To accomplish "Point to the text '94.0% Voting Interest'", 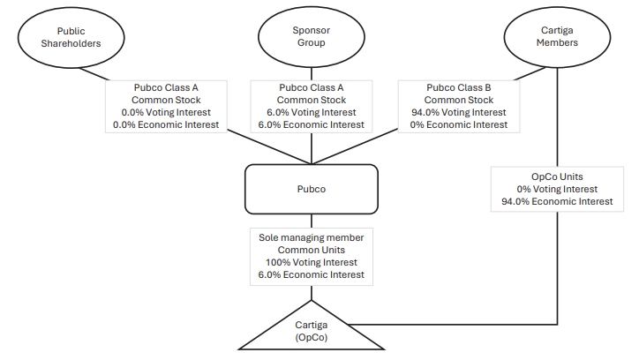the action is (x=459, y=112).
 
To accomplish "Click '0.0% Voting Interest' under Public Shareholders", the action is (x=166, y=112).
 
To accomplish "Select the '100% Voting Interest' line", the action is (x=312, y=262).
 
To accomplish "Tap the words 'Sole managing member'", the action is (x=312, y=237).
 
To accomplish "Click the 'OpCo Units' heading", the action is (x=557, y=176).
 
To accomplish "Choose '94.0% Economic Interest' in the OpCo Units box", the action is (x=557, y=201).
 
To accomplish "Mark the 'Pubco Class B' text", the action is (x=459, y=87).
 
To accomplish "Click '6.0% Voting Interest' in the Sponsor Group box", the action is (x=312, y=112).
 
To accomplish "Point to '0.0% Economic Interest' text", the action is (x=166, y=124).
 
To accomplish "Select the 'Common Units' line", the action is (x=312, y=250).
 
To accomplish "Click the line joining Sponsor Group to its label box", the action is (x=312, y=74).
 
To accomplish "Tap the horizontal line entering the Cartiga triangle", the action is (x=453, y=325).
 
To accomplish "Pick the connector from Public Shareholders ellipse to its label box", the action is (x=94, y=74).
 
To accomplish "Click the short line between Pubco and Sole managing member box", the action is (x=312, y=221).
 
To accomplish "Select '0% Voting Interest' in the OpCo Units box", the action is (x=557, y=189).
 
